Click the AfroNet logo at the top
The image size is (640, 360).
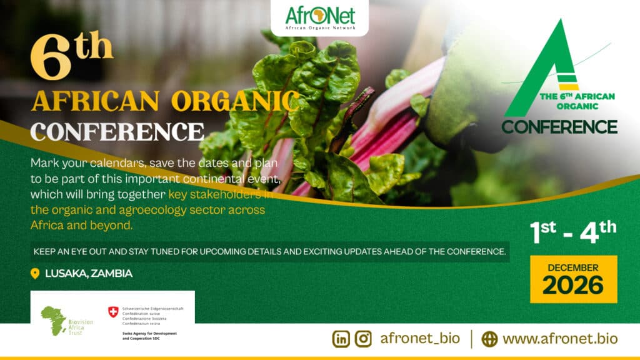(x=319, y=18)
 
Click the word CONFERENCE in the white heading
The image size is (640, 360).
(x=117, y=131)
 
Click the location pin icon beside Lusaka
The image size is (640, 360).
(x=35, y=273)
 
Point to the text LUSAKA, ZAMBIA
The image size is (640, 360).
(x=89, y=273)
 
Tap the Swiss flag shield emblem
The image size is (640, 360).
(x=113, y=311)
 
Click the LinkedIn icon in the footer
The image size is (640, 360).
(x=341, y=339)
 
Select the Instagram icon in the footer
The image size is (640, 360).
(x=363, y=339)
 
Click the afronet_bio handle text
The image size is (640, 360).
(x=420, y=339)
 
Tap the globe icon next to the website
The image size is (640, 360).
(x=490, y=339)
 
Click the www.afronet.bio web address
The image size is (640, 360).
(x=560, y=339)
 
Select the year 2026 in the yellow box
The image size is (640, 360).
(x=573, y=284)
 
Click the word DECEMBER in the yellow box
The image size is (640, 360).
(x=573, y=267)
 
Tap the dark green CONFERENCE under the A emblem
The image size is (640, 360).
(x=559, y=126)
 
